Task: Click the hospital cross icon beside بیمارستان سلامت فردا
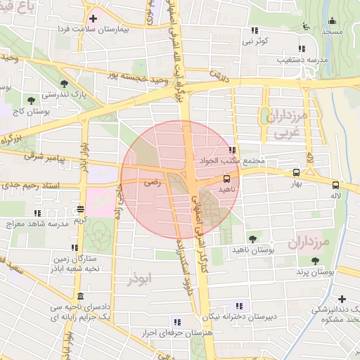tap(93, 17)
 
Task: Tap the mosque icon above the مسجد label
tap(332, 20)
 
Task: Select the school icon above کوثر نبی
tap(254, 31)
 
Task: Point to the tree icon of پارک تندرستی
tap(64, 83)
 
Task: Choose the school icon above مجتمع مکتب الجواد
tap(232, 150)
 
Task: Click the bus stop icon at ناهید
tap(226, 178)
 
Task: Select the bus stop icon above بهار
tap(295, 172)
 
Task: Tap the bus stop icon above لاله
tap(335, 186)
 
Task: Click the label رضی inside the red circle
tap(152, 181)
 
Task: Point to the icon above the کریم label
tap(81, 209)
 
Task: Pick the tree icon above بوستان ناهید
tap(252, 239)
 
